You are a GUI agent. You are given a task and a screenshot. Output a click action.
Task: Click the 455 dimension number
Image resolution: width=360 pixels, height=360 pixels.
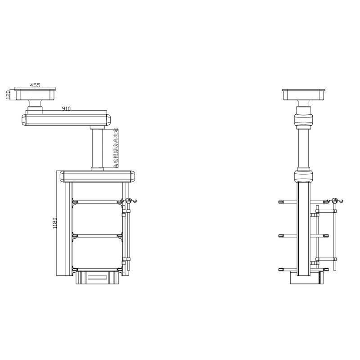[35, 85]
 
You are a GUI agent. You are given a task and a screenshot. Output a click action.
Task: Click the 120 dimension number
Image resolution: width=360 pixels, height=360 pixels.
[8, 94]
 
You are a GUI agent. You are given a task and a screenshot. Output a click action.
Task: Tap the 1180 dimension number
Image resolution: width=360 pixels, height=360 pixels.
[55, 224]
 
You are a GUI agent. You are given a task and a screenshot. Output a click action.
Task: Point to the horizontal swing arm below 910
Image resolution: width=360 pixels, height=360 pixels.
[66, 119]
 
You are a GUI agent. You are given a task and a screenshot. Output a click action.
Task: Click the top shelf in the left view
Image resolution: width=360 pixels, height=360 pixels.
[97, 202]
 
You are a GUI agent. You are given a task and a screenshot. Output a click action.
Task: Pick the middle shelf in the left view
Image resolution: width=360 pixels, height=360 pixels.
[97, 235]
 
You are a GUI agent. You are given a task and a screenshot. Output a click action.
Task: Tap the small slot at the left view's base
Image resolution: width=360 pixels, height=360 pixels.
[98, 278]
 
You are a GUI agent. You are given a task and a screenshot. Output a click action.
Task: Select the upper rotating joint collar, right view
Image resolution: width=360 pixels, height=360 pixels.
[304, 120]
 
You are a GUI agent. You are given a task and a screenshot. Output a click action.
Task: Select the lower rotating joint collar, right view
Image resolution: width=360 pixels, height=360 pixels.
[304, 174]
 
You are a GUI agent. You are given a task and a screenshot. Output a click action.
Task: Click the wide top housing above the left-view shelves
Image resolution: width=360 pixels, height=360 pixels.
[98, 175]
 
